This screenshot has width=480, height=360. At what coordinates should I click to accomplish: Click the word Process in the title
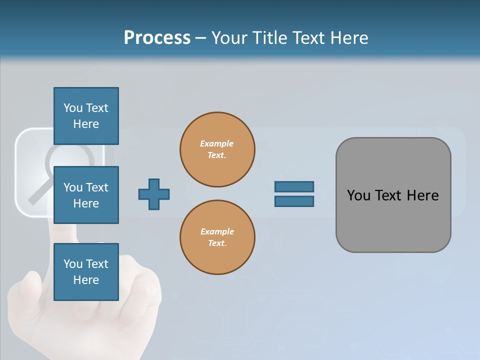[157, 38]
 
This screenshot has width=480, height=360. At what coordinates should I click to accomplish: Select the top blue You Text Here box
[86, 116]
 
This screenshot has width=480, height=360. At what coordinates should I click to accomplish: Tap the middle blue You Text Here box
[86, 195]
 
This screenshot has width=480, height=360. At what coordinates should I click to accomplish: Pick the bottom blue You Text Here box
[86, 272]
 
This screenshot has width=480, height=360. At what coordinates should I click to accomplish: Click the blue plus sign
[154, 194]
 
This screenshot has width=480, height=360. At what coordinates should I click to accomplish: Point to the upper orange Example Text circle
[217, 149]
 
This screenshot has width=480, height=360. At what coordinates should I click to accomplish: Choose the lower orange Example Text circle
[217, 237]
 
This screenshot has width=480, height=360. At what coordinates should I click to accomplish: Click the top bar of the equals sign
[294, 186]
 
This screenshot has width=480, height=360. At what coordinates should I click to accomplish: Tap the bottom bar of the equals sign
[294, 201]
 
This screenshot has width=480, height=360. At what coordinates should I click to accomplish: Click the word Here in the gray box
[422, 195]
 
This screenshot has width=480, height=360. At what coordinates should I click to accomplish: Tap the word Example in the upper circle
[216, 143]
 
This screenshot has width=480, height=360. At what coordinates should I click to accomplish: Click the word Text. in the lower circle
[217, 243]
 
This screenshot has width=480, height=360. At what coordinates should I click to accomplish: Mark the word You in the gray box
[358, 195]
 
